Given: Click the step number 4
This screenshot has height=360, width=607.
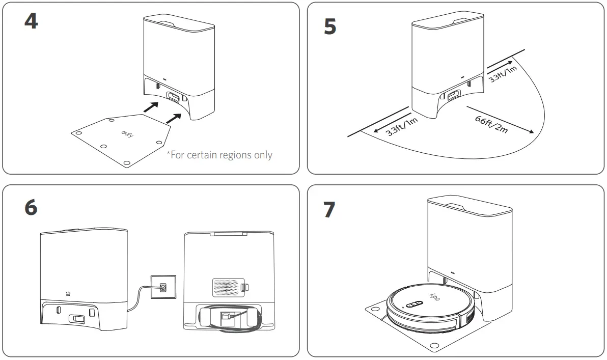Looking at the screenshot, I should click(x=31, y=21).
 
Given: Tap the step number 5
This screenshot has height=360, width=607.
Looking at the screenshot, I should click(x=330, y=27).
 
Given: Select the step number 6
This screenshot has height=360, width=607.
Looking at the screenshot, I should click(x=31, y=207).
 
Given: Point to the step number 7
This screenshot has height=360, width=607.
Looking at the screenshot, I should click(x=330, y=210).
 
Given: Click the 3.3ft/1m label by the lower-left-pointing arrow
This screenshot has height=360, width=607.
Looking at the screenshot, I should click(x=401, y=124).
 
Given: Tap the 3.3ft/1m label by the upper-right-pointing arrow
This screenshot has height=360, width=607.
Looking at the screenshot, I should click(x=502, y=72).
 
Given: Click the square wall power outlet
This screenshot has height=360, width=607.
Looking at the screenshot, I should click(x=162, y=287).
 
